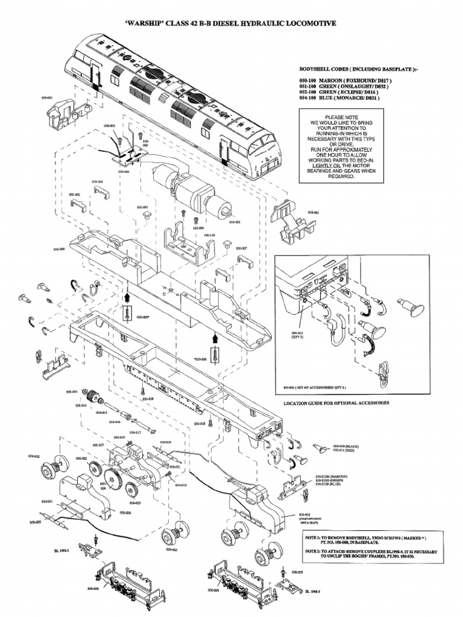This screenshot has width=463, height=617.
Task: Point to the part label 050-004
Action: (x=124, y=172)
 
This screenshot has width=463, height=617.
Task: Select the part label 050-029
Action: (x=297, y=571)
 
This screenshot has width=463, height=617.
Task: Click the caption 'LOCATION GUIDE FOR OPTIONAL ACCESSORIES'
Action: (x=336, y=402)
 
